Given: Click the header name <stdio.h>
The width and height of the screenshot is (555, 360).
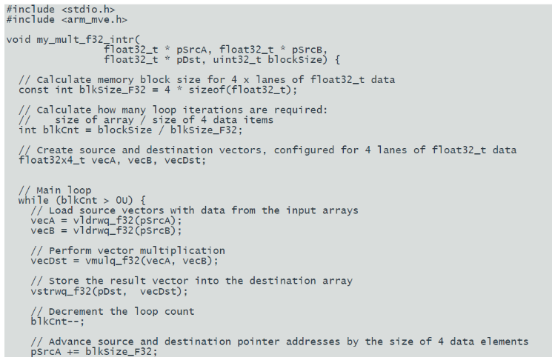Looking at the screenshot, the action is [88, 9].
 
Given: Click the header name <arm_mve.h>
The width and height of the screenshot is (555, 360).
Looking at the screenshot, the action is [94, 19].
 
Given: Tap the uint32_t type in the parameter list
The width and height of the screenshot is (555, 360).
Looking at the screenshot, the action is [237, 59].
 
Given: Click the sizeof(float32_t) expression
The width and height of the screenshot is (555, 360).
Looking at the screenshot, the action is [239, 90].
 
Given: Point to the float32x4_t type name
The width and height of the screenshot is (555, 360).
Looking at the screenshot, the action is [52, 160].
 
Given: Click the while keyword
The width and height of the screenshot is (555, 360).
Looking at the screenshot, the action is [33, 200].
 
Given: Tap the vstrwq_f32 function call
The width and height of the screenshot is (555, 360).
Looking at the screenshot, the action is [58, 291].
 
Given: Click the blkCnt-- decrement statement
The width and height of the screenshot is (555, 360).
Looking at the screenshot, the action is [58, 321].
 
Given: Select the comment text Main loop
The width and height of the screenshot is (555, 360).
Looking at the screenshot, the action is [64, 190].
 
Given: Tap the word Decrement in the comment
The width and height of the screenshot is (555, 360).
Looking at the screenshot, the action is [76, 312].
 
